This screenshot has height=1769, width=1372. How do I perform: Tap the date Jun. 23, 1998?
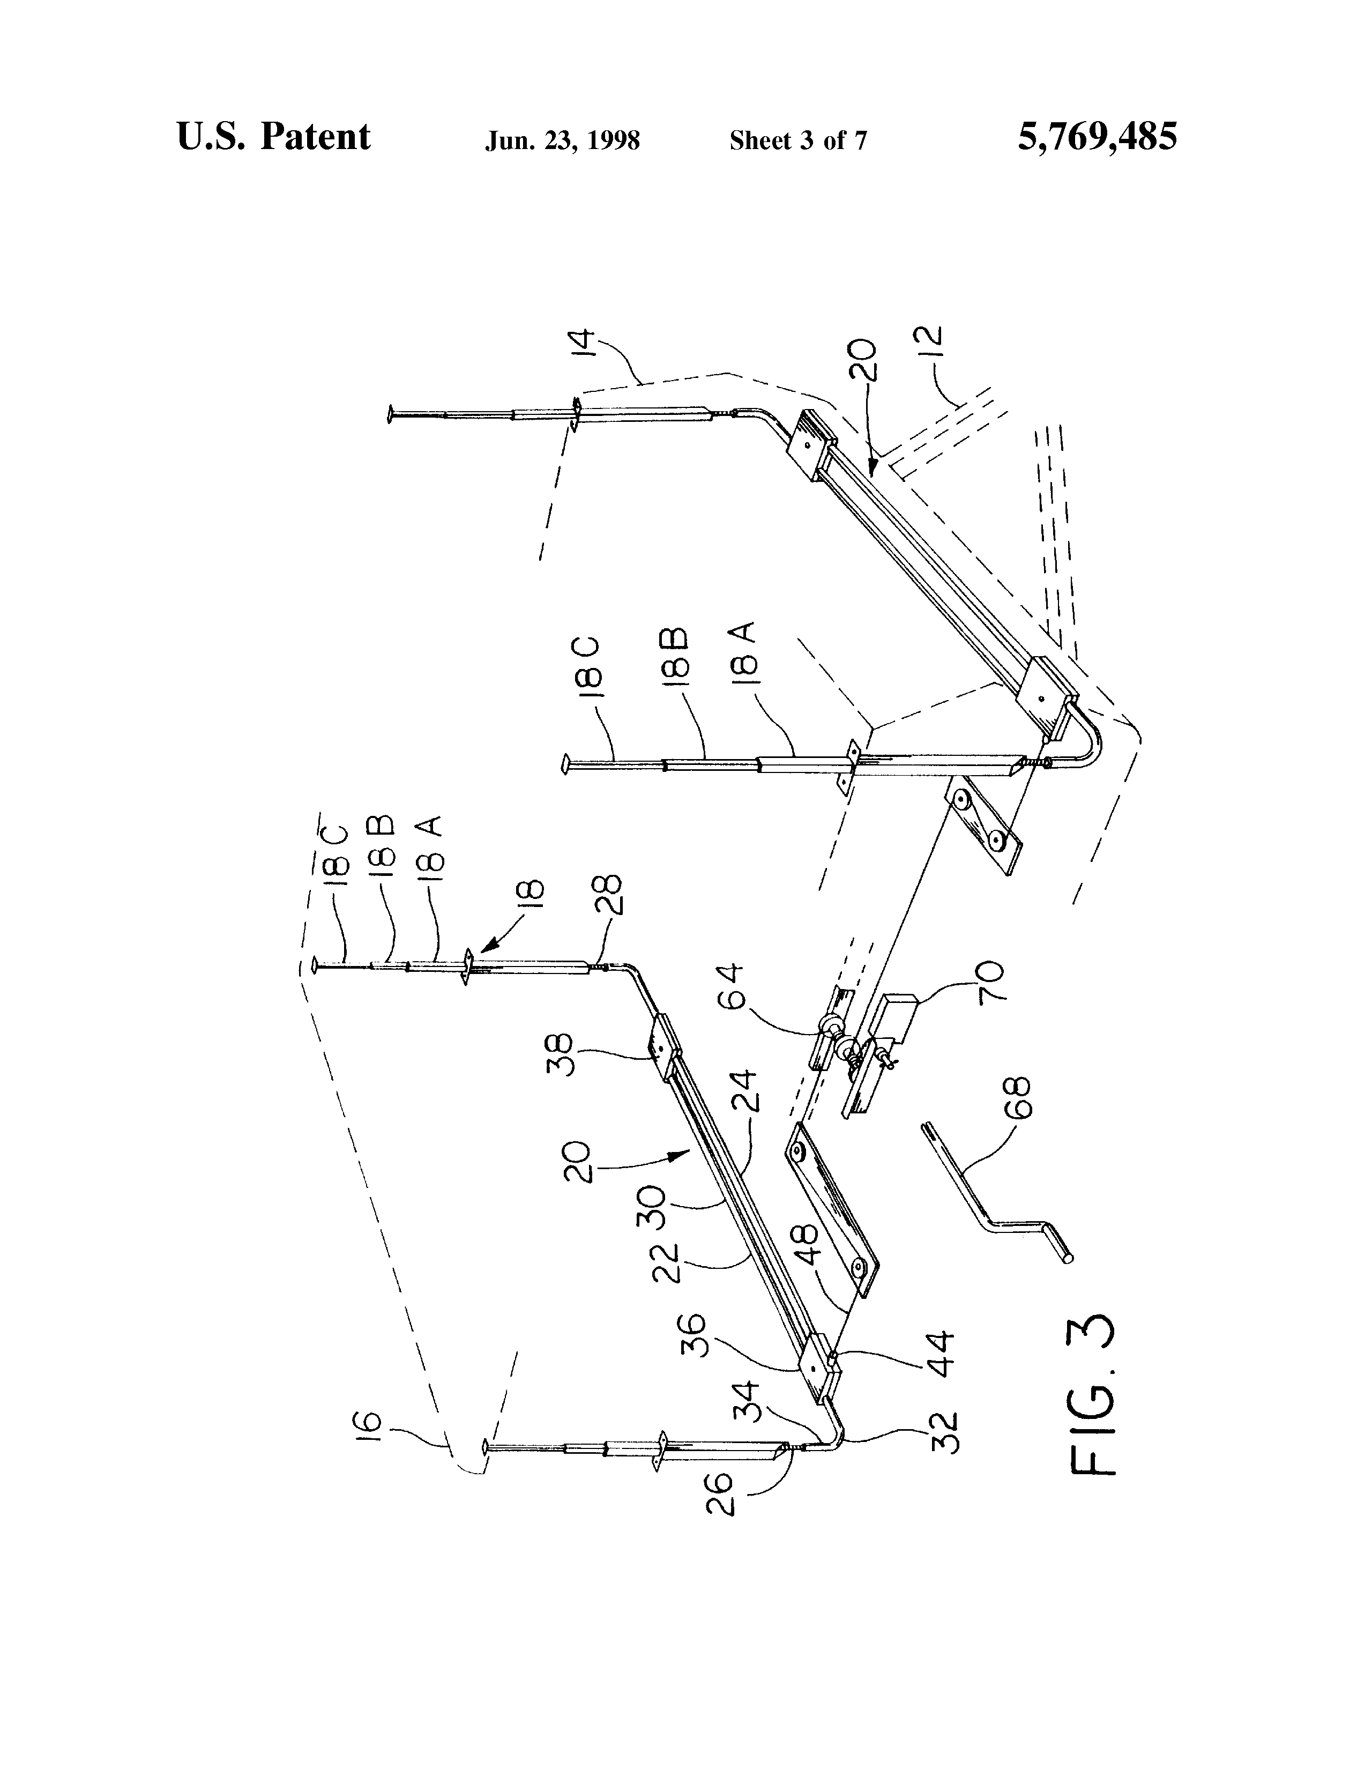tap(562, 141)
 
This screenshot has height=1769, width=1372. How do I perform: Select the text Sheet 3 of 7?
tap(798, 141)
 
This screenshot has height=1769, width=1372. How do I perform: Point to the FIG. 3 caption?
tap(1093, 1394)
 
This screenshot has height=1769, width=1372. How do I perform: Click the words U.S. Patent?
tap(274, 137)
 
